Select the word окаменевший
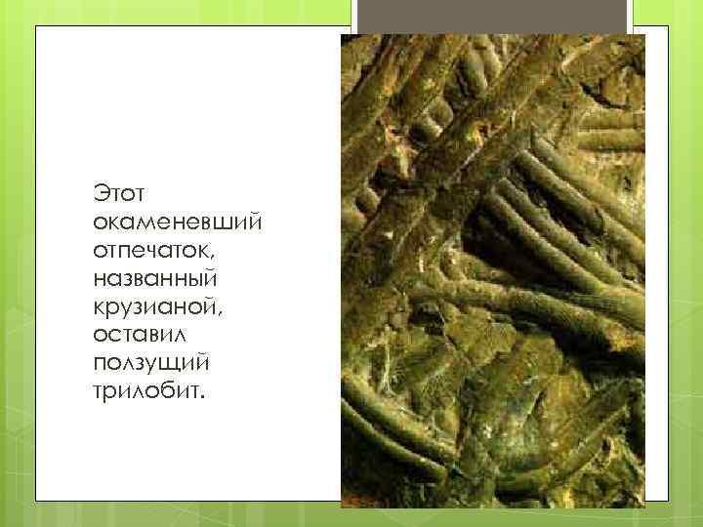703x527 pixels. click(175, 223)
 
